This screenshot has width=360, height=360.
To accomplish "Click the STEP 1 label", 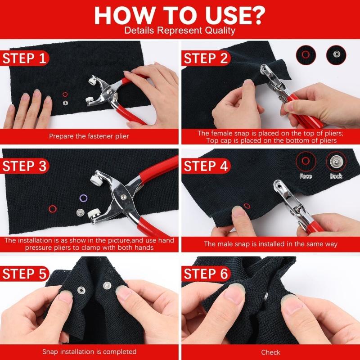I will pyautogui.click(x=25, y=58).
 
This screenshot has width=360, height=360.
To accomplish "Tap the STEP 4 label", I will pyautogui.click(x=206, y=166).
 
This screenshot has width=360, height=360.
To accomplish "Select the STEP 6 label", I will pyautogui.click(x=206, y=274).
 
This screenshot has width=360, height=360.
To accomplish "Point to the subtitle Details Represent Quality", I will pyautogui.click(x=180, y=31).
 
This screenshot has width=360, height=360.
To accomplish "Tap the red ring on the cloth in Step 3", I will pyautogui.click(x=53, y=208).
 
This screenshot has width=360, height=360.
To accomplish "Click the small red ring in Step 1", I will pyautogui.click(x=65, y=94).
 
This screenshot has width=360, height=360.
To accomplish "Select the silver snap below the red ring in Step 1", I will pyautogui.click(x=65, y=103).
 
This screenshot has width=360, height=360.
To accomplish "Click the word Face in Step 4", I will pyautogui.click(x=306, y=176).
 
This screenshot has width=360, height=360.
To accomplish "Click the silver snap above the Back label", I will pyautogui.click(x=335, y=161).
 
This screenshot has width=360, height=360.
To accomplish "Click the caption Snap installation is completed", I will pyautogui.click(x=89, y=351).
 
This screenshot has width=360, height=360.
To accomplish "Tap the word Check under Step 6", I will pyautogui.click(x=270, y=352).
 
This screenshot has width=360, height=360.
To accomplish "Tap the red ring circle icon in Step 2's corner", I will pyautogui.click(x=306, y=54).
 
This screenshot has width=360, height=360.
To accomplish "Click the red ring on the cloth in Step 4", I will pyautogui.click(x=247, y=207).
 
